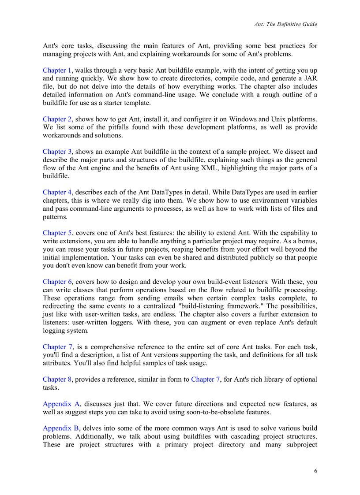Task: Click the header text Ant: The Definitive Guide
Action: point(285,24)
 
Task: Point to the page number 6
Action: point(315,470)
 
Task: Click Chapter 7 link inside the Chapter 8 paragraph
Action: point(205,379)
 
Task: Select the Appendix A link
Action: point(61,404)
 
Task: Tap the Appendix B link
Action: point(61,428)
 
